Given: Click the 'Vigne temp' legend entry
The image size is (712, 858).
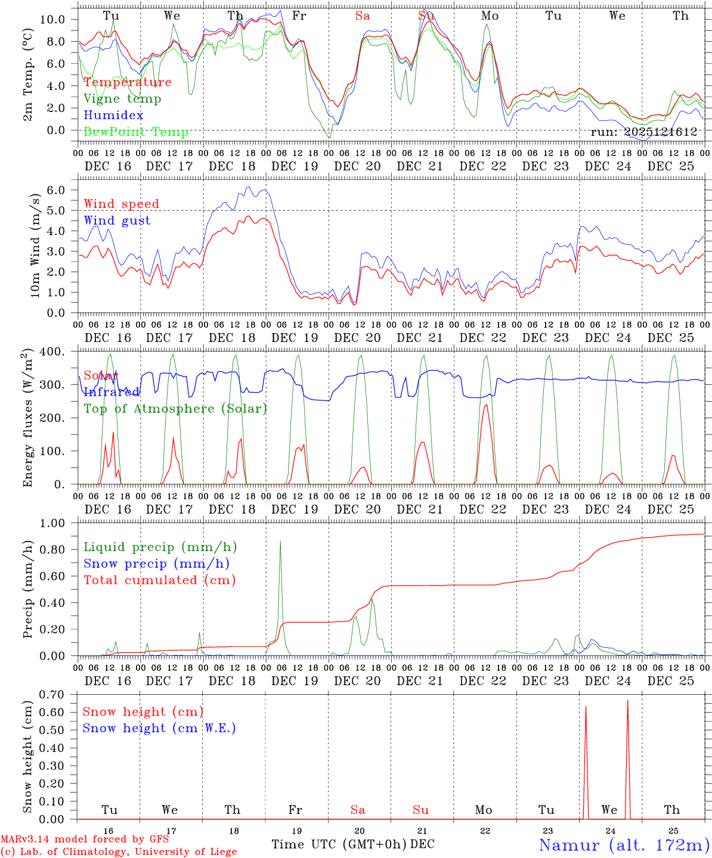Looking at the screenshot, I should click(x=122, y=99).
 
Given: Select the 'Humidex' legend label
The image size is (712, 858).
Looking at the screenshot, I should click(x=113, y=116).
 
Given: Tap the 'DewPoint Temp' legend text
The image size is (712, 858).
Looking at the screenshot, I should click(x=136, y=132).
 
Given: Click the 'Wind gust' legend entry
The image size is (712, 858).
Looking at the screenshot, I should click(x=117, y=220).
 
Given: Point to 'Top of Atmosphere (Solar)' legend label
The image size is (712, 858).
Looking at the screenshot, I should click(x=175, y=409).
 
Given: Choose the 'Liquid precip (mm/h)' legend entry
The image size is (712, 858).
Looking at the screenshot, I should click(x=160, y=547).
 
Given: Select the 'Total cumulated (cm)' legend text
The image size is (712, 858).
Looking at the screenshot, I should click(x=160, y=580).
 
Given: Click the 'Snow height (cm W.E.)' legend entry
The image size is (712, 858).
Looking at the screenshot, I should click(x=159, y=728).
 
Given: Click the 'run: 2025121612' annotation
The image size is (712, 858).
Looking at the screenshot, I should click(x=643, y=132).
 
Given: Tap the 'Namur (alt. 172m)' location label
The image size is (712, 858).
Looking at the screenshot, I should click(x=624, y=845).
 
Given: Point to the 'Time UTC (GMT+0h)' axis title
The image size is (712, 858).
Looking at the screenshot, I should click(x=339, y=844).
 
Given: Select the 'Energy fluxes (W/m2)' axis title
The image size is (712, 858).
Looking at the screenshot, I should click(x=27, y=419).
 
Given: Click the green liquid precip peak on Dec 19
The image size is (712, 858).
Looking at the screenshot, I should click(x=280, y=542).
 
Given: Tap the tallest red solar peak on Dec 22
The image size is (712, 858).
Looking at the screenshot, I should click(x=485, y=405).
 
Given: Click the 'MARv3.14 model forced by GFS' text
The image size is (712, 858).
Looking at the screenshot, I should click(x=84, y=840).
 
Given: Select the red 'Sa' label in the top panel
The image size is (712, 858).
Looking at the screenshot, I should click(x=363, y=16).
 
